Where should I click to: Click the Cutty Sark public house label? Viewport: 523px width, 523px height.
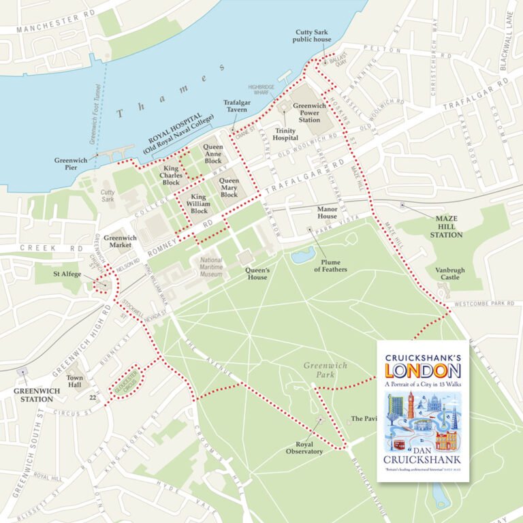click(x=313, y=36)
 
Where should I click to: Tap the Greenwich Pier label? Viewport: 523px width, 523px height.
click(x=71, y=164)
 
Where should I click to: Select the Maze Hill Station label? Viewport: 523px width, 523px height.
click(x=445, y=226)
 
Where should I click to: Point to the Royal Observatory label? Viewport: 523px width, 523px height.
click(x=304, y=447)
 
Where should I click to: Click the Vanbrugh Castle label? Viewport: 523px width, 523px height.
click(x=450, y=274)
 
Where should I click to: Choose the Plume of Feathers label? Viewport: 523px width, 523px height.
click(x=331, y=265)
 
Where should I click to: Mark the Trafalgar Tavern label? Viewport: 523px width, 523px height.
click(x=236, y=106)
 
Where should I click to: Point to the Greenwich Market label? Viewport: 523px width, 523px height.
click(x=120, y=242)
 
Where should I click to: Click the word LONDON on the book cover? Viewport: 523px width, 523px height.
click(x=423, y=370)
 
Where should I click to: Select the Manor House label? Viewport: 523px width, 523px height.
click(x=327, y=212)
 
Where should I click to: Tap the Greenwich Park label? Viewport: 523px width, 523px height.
click(x=325, y=370)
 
